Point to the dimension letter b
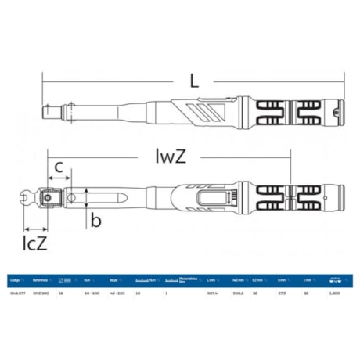pyautogui.click(x=95, y=221)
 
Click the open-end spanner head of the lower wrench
pyautogui.click(x=31, y=200)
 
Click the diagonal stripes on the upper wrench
pyautogui.click(x=201, y=110)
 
